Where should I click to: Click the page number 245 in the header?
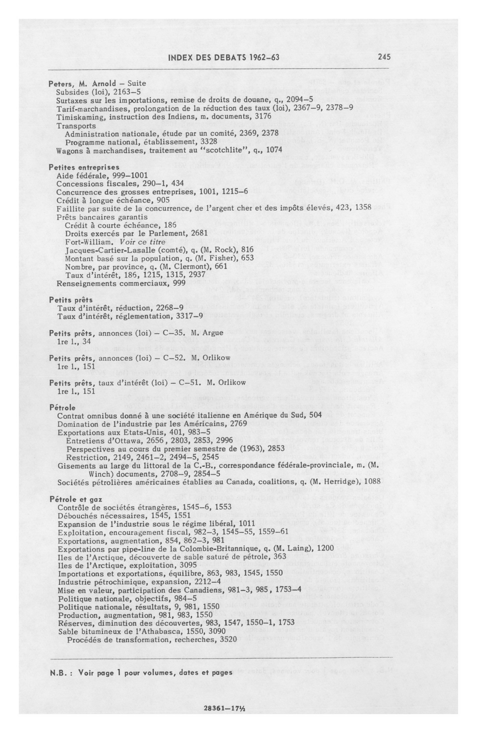(384, 57)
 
